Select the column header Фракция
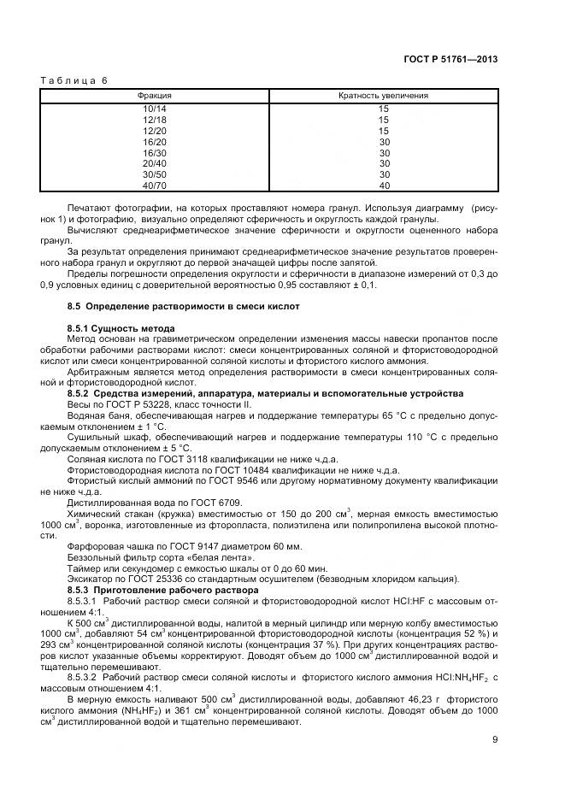tap(155, 96)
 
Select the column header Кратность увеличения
tap(384, 96)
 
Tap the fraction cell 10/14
tap(155, 109)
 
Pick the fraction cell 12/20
tap(155, 131)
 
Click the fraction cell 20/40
tap(155, 163)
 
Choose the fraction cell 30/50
tap(155, 174)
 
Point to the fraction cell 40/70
tap(155, 185)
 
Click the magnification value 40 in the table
tap(384, 185)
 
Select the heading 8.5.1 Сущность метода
tap(121, 328)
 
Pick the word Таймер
tap(83, 567)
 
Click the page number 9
tap(495, 740)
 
